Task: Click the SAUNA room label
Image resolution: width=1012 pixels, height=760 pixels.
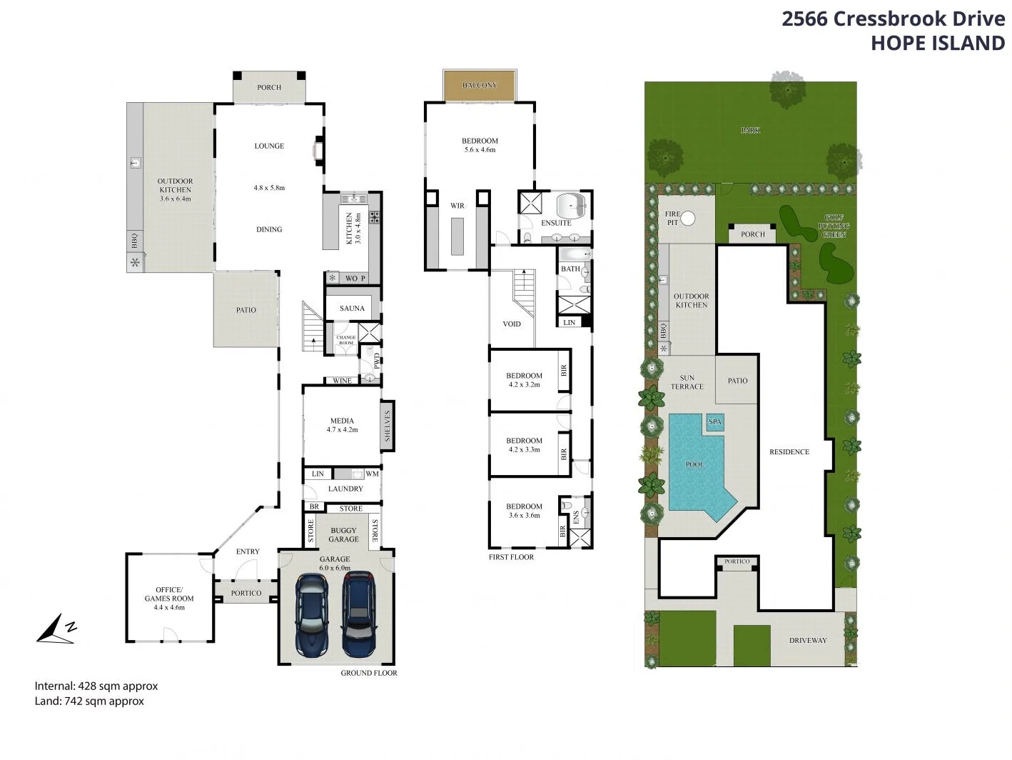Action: tap(352, 309)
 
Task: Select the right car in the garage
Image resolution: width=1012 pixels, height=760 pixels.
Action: tap(359, 614)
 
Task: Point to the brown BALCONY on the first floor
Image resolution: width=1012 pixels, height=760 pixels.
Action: tap(480, 85)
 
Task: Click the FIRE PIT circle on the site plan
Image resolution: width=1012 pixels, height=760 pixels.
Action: tap(688, 219)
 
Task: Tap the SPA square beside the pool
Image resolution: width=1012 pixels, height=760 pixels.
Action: tap(715, 422)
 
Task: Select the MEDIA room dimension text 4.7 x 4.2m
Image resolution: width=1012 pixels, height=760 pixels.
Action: tap(342, 430)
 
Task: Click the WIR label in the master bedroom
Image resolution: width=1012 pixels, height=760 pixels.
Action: tap(457, 206)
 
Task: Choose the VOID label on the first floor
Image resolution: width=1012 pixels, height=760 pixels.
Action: tap(512, 324)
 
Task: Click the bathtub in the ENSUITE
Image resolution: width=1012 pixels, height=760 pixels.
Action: tap(572, 206)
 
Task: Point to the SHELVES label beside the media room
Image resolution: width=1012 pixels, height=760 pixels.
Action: tap(388, 426)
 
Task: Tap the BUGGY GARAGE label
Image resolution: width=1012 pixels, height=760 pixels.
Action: tap(343, 535)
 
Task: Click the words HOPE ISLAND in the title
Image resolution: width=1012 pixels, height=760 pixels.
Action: tap(937, 43)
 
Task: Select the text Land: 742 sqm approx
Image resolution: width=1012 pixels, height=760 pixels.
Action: tap(89, 701)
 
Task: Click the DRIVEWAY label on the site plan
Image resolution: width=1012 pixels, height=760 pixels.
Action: tap(808, 641)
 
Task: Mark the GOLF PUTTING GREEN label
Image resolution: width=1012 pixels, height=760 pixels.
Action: tap(834, 226)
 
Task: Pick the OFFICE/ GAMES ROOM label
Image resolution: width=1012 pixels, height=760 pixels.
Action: tap(169, 594)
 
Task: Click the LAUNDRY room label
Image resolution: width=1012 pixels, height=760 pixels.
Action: tap(345, 489)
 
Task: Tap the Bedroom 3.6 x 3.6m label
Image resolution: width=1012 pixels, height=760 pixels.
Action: tap(524, 511)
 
